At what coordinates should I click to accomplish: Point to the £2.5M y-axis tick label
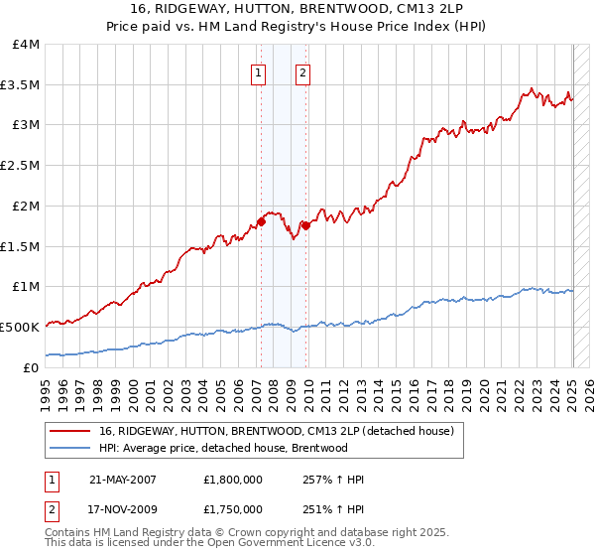(21, 165)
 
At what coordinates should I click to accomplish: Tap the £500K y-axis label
(20, 327)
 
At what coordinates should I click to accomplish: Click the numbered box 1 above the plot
(258, 71)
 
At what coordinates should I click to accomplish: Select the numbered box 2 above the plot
(301, 71)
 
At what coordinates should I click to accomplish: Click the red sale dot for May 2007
(261, 221)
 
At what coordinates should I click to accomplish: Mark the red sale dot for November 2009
(305, 225)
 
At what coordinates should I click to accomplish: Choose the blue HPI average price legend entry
(223, 448)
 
